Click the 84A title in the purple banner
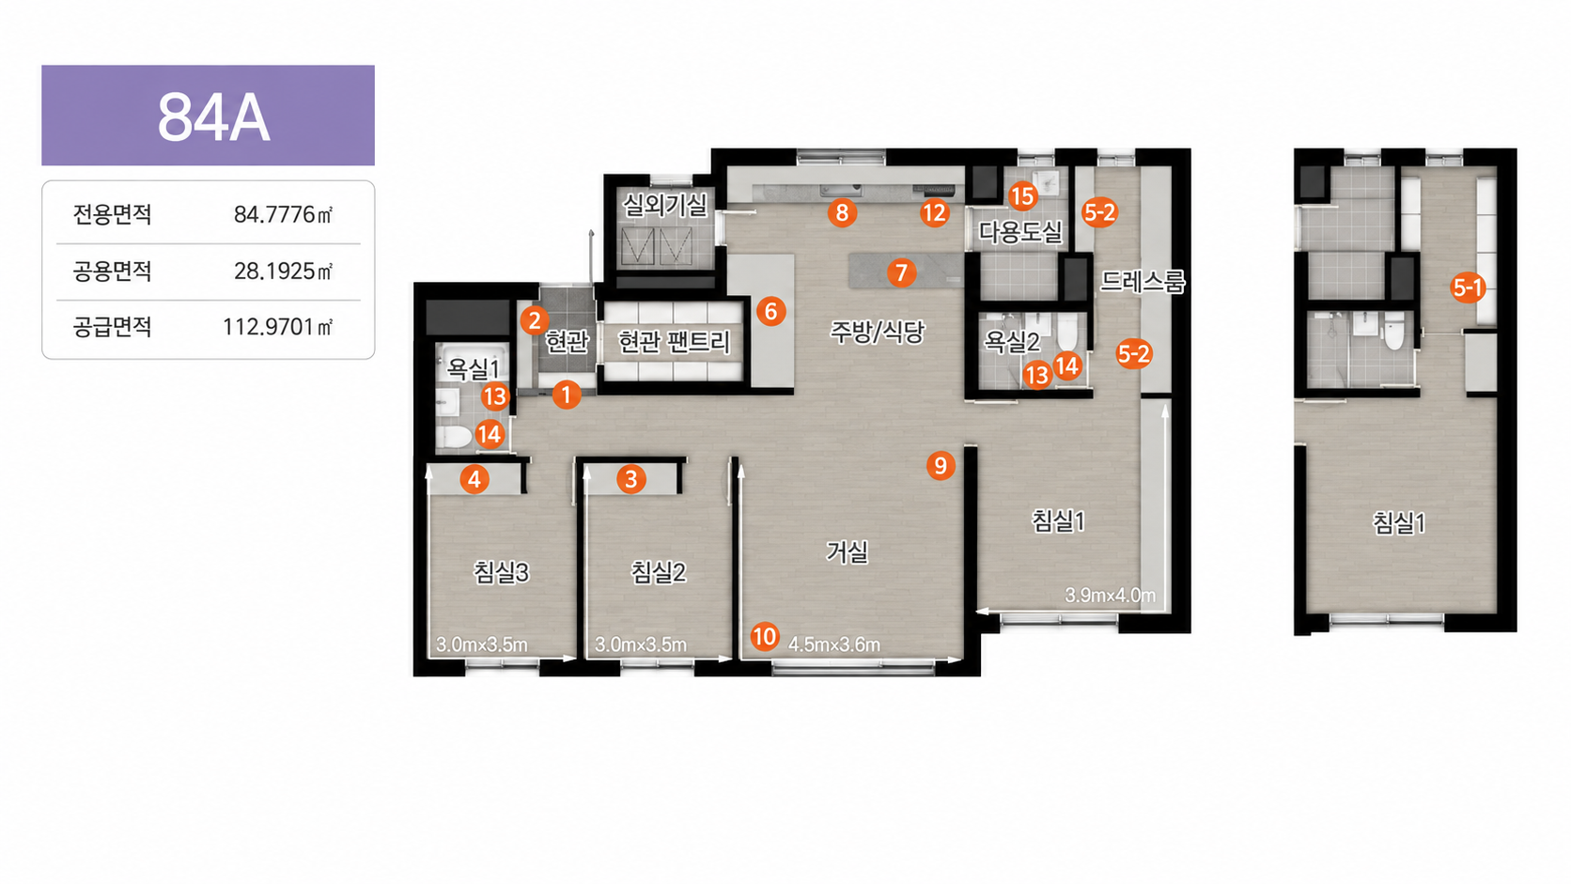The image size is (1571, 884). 213,117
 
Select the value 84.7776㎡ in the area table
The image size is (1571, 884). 283,214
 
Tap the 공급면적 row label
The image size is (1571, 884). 112,327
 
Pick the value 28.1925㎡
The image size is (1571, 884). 283,271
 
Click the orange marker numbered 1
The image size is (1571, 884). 566,395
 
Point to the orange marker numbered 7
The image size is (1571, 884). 901,272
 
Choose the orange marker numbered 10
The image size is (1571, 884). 765,636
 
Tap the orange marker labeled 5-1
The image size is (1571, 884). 1468,287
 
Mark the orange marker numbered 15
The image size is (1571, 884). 1022,195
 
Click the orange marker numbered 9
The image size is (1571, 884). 941,465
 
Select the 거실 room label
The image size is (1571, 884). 848,552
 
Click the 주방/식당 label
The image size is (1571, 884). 878,332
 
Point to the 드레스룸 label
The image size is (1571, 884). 1143,281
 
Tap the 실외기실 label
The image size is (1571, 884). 665,205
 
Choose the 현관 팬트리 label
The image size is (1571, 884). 674,341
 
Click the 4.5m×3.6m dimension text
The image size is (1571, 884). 834,644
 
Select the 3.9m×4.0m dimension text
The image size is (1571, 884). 1111,596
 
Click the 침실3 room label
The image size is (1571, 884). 502,573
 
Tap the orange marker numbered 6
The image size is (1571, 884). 770,311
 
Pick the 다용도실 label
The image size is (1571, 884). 1020,231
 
